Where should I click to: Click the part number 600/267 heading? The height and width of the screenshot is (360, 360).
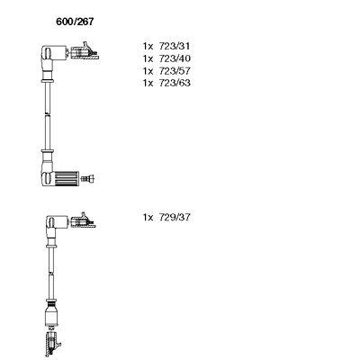75,22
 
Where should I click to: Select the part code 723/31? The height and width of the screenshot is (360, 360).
175,46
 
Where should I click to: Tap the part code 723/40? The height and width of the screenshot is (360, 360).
175,58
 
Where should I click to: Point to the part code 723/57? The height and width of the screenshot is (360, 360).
175,71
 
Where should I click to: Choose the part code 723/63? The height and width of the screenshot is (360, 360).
175,83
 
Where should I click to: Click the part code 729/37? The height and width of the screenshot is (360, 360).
175,217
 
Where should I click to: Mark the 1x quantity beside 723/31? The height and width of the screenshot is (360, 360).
148,47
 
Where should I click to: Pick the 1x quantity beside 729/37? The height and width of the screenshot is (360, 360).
148,217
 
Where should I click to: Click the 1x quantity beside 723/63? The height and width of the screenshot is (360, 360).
148,83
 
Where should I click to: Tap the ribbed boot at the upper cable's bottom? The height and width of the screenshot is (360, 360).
67,178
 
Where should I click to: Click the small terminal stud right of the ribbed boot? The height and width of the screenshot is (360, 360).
88,179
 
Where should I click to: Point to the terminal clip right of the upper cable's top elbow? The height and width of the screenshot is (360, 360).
85,51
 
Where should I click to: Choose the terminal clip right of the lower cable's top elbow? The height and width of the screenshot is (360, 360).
84,220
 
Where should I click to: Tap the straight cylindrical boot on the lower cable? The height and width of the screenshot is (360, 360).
51,313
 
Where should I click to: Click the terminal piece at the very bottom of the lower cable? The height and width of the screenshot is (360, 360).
53,343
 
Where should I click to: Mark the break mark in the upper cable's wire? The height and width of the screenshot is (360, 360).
47,114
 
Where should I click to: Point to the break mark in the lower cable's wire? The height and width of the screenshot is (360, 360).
51,273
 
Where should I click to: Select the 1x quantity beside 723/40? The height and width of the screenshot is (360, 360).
148,58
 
